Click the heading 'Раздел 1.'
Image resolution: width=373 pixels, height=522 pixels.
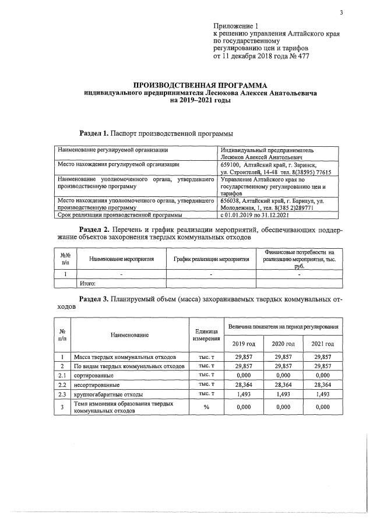pos(93,133)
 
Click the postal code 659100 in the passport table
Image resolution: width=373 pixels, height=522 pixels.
pos(231,165)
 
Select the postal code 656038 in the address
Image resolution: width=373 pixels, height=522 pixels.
pos(231,200)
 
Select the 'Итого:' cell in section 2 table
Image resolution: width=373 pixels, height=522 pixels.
pos(87,284)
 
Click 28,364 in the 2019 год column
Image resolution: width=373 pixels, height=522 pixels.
pos(242,385)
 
